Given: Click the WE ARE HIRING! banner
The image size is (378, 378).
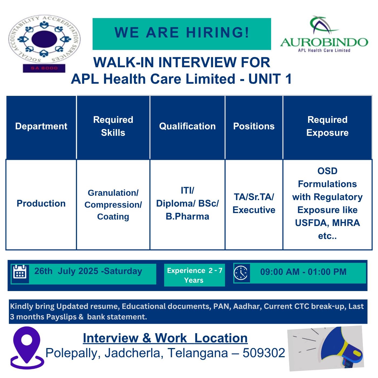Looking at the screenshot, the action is pos(182,34).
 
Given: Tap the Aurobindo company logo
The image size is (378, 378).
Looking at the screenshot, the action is pos(324,34).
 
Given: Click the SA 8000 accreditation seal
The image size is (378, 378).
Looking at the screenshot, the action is pos(44,43).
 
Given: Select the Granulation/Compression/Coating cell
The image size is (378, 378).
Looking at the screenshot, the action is pos(113,205).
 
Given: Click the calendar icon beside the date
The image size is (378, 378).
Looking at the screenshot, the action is pos(20,272).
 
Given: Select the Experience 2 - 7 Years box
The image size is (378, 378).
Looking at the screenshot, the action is pos(194,275).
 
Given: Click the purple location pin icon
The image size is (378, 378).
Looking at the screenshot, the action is pos(27,347).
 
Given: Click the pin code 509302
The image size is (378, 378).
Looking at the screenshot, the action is pos(264,353).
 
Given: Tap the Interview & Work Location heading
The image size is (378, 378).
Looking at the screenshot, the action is pos(165,338).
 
